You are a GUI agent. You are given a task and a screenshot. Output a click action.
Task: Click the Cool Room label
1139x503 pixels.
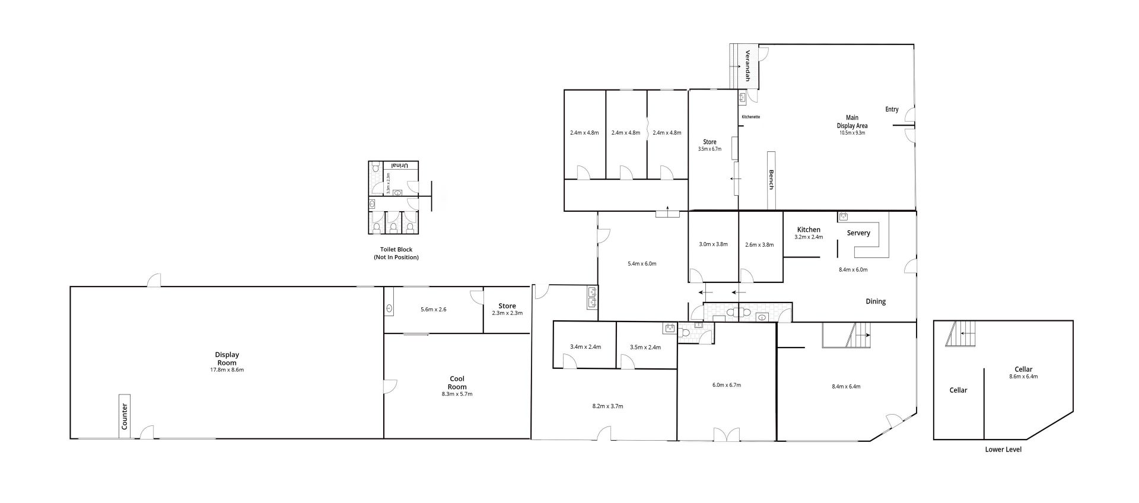(457, 383)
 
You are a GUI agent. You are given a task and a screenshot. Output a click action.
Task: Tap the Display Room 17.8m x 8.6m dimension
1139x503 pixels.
(227, 370)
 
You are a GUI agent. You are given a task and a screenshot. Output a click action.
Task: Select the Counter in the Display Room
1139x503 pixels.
(125, 416)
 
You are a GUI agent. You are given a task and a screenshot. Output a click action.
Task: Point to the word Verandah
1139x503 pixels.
(748, 65)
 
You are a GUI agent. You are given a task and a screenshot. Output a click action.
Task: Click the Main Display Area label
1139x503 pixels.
(852, 122)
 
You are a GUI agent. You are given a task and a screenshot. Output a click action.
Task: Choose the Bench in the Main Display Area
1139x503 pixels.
(771, 180)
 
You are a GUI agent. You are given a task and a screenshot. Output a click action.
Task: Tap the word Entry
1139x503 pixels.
(892, 109)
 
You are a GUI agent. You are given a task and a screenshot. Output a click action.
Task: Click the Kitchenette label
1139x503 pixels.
(750, 117)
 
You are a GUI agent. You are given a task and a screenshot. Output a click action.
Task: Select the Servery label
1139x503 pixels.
(858, 233)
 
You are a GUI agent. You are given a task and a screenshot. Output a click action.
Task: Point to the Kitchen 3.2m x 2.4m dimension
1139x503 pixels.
(809, 237)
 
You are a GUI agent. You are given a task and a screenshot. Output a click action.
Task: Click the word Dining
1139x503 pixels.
(876, 301)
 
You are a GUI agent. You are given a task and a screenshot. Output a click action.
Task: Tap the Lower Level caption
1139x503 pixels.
(1003, 450)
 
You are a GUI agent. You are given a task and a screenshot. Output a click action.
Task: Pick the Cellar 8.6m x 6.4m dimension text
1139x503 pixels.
(1023, 377)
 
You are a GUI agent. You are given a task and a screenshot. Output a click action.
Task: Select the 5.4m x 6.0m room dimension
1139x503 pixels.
(642, 263)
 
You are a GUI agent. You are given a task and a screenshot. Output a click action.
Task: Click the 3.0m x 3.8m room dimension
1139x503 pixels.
(713, 244)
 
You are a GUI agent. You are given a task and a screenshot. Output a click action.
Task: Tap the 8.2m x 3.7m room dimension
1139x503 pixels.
(607, 406)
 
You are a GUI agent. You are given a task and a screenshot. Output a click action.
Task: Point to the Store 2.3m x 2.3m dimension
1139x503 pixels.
(507, 313)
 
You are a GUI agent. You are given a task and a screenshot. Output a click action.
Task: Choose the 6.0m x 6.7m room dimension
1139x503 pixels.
(727, 385)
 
